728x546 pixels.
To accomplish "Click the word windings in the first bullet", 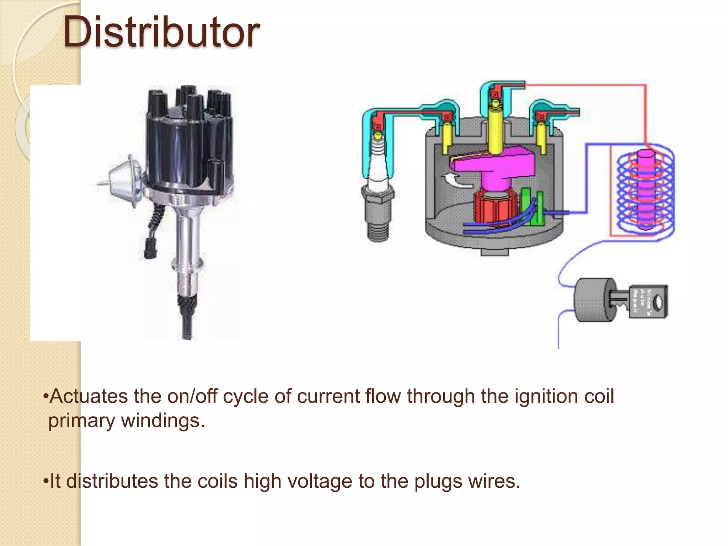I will [x=163, y=421].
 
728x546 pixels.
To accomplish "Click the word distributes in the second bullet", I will [x=112, y=482].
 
